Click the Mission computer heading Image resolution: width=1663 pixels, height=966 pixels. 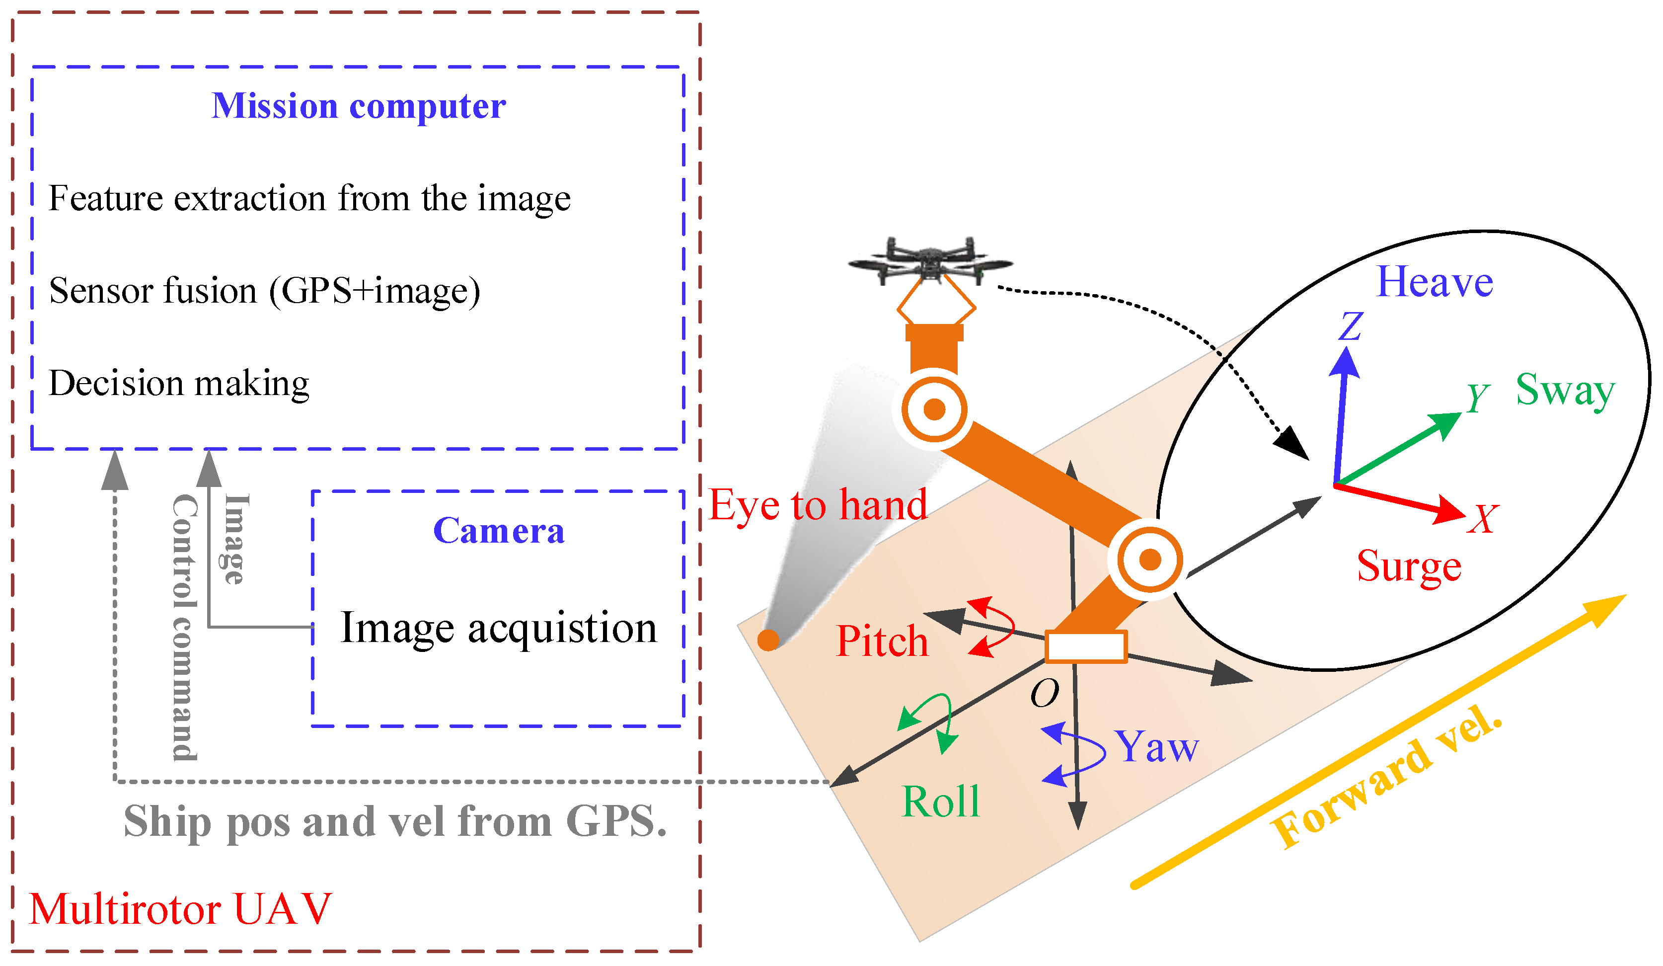358,106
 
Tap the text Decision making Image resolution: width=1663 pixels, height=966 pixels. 179,384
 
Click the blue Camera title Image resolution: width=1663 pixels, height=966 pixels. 498,531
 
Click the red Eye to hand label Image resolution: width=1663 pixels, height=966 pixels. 817,506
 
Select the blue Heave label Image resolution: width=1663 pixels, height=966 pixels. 1434,283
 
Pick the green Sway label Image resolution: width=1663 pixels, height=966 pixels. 1565,390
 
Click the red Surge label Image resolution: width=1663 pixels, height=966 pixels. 1409,566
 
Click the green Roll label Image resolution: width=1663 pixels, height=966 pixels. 940,802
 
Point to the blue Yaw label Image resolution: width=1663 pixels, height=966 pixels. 1156,747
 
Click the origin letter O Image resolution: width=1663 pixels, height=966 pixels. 1044,693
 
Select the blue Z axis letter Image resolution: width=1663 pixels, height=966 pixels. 1350,326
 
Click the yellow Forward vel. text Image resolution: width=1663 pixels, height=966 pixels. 1386,779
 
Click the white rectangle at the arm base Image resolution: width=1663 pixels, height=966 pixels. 1086,646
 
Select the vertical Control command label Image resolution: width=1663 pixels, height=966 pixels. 184,627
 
